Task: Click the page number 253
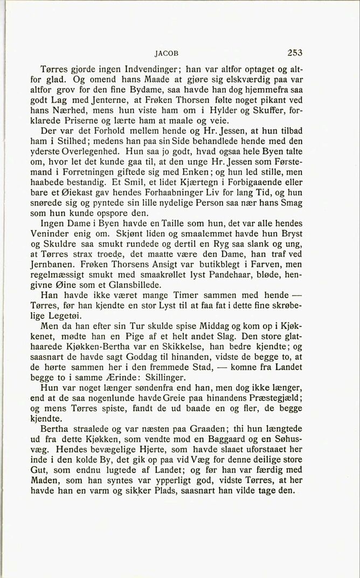[x=295, y=53]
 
